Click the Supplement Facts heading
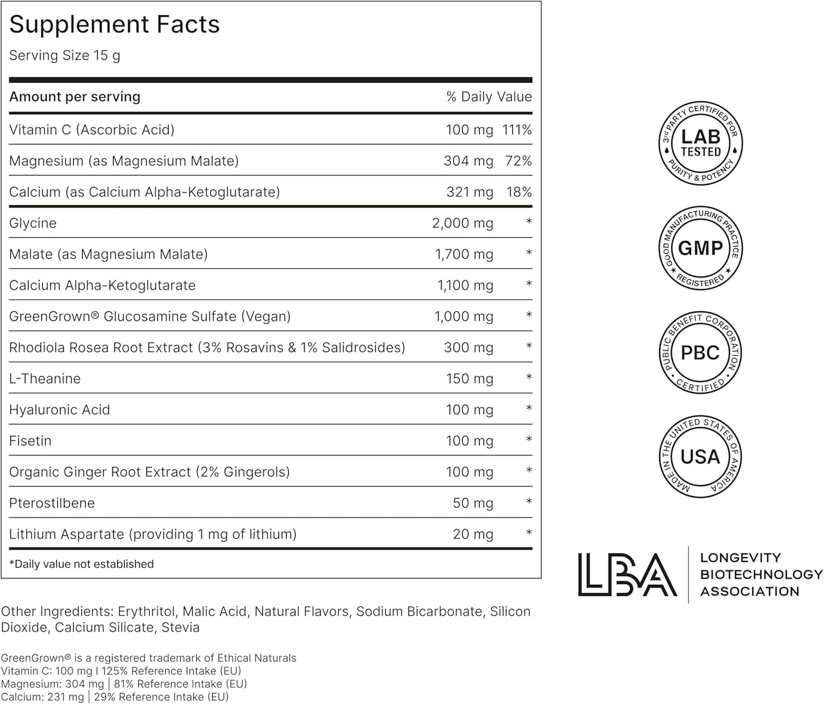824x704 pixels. [114, 25]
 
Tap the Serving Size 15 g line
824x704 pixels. [64, 55]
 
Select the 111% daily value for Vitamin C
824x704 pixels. [517, 130]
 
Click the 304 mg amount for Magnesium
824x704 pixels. [468, 161]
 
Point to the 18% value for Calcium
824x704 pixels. [519, 192]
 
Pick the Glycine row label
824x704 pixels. [33, 223]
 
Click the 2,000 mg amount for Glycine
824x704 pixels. [462, 223]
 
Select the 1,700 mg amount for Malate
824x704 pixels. [464, 254]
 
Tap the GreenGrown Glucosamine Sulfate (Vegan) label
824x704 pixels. [150, 316]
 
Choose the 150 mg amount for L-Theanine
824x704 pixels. [469, 379]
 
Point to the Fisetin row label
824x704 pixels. [30, 441]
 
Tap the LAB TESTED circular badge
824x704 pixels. [700, 143]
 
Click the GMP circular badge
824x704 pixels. [700, 248]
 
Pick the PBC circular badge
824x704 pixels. [700, 353]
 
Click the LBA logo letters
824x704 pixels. [627, 575]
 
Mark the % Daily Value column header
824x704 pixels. [489, 97]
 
